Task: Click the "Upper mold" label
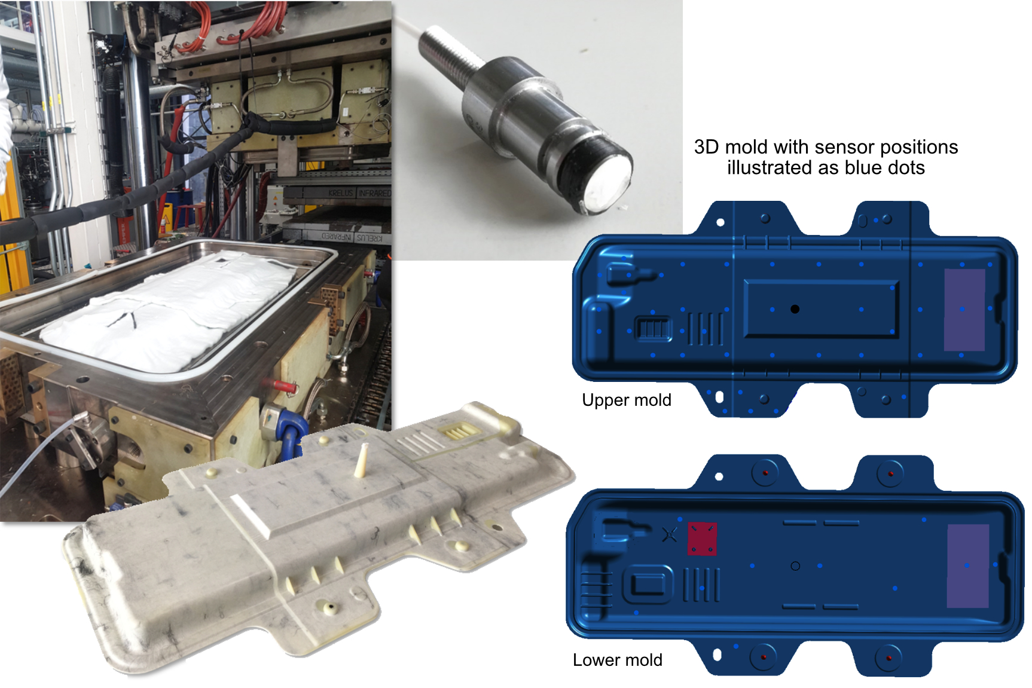coord(626,400)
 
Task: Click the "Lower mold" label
coord(617,660)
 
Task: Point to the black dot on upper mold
coord(795,309)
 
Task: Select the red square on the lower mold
coord(702,539)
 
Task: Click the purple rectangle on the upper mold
coord(964,310)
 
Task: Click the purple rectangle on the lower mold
coord(968,565)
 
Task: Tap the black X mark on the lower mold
coord(670,534)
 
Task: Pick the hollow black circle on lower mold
coord(795,565)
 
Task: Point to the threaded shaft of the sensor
coord(447,52)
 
